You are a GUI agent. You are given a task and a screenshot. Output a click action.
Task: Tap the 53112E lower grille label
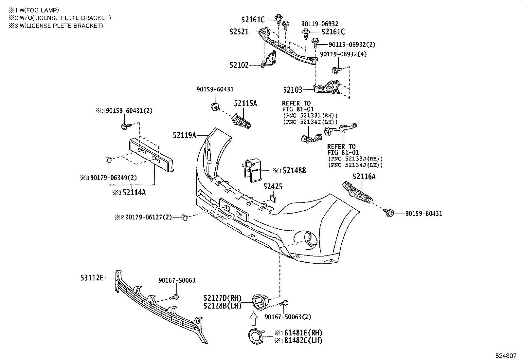click(92, 278)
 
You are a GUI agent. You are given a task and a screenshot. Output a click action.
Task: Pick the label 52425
click(273, 187)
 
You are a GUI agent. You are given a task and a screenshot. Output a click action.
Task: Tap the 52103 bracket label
click(293, 89)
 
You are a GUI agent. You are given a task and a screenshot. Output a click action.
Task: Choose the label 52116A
click(364, 177)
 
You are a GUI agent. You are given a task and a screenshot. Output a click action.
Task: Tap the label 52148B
click(294, 171)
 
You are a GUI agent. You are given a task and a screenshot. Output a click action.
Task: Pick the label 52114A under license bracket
click(134, 193)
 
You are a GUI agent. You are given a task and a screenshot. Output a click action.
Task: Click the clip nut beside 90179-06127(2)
click(185, 217)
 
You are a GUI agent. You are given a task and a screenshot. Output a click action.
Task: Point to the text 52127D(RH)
click(222, 298)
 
